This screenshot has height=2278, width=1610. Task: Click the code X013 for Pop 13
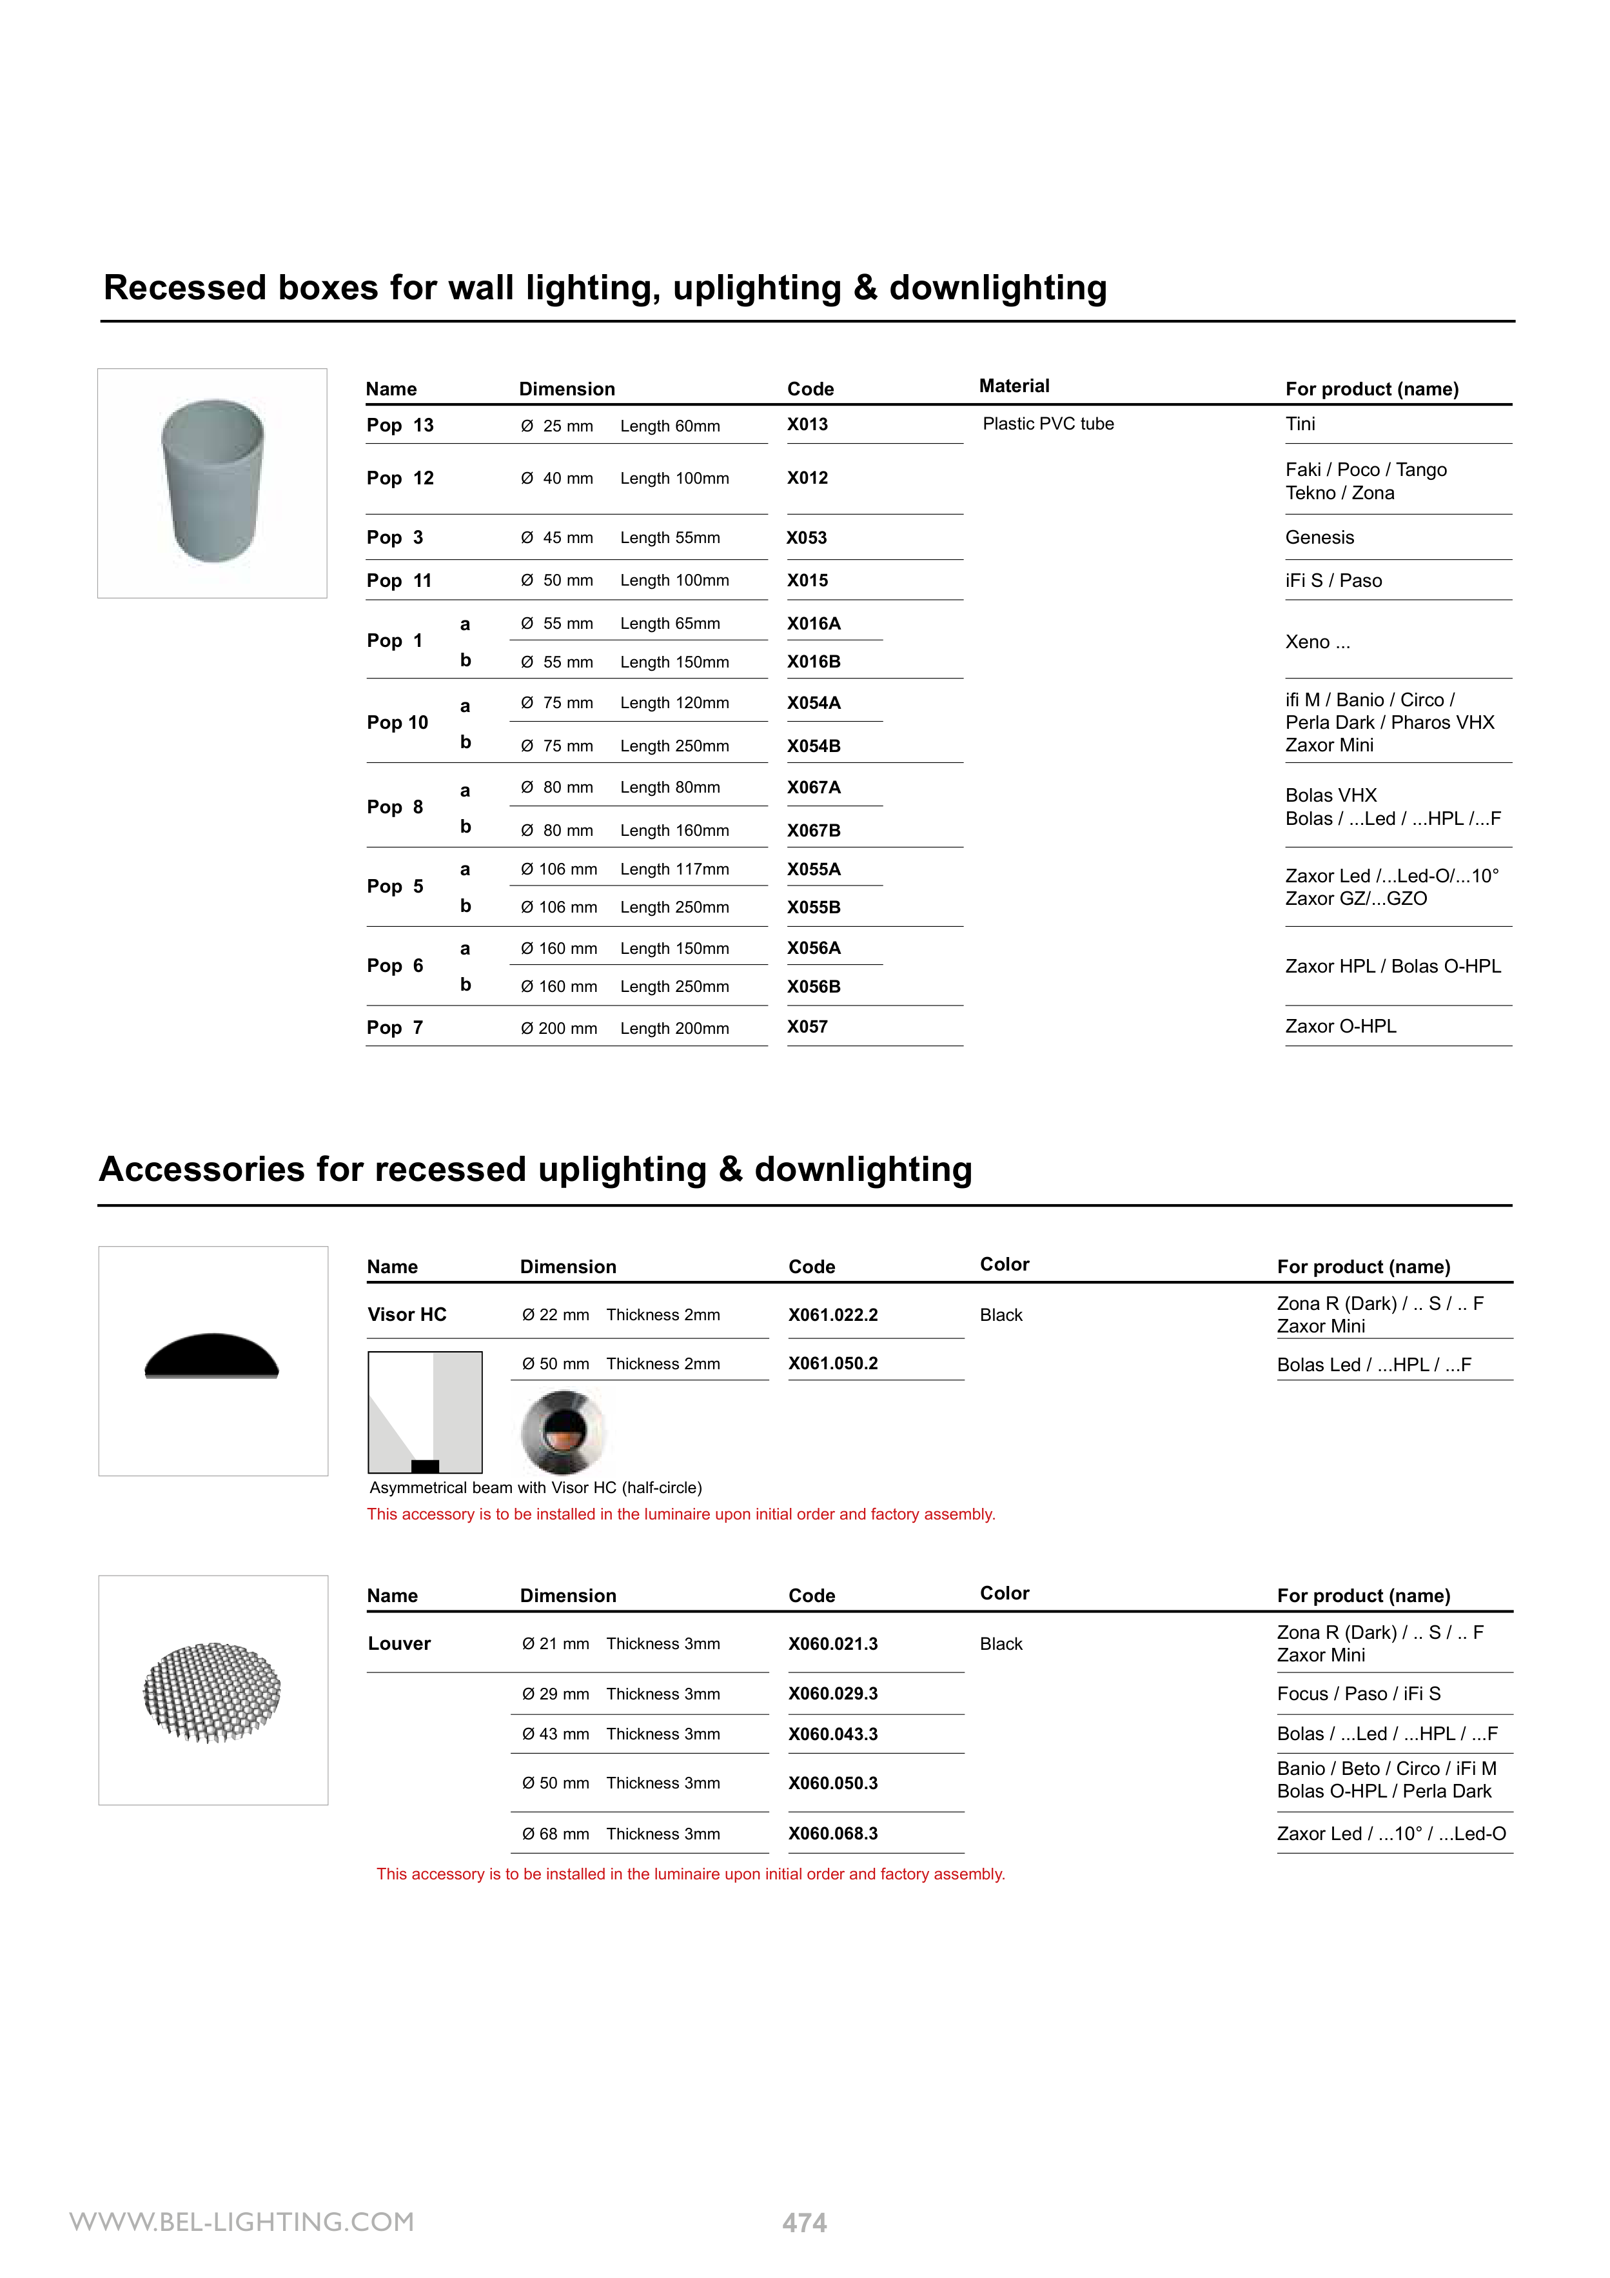click(807, 424)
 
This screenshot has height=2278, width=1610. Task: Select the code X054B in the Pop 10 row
click(814, 746)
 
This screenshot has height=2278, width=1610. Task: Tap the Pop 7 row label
click(395, 1028)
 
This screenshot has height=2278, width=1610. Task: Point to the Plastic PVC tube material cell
click(1048, 424)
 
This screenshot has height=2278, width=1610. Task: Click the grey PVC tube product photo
click(212, 482)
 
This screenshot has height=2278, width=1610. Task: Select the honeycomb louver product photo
click(212, 1692)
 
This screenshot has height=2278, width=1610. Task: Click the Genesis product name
click(1319, 538)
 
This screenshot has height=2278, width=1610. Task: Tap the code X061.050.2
click(832, 1363)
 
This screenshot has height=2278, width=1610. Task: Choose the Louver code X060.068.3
click(832, 1834)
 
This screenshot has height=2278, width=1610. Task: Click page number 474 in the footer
click(805, 2223)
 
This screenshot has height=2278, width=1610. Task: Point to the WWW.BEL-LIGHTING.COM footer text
click(242, 2221)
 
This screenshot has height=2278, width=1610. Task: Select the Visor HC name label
click(407, 1314)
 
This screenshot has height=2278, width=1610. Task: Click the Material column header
click(1014, 386)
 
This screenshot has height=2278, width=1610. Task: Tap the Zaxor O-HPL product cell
click(1340, 1027)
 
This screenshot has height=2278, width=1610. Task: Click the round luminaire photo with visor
click(562, 1431)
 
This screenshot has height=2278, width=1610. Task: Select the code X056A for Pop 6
click(814, 949)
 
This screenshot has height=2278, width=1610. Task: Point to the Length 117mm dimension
click(674, 869)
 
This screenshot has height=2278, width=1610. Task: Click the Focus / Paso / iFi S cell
click(1358, 1694)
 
